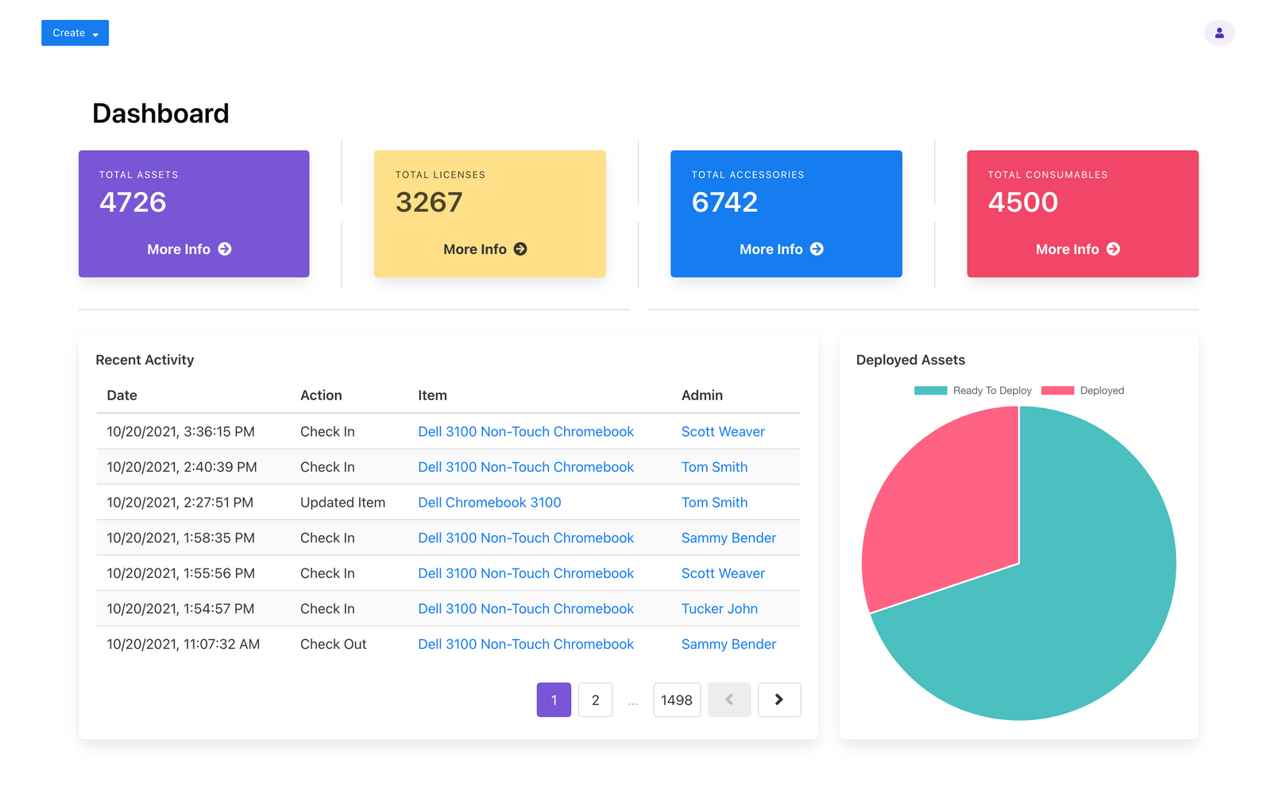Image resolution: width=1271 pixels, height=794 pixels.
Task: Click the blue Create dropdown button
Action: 75,33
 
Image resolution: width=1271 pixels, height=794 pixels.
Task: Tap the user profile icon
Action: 1219,33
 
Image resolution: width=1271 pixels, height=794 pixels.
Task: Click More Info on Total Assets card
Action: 189,249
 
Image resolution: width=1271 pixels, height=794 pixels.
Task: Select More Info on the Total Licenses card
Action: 485,249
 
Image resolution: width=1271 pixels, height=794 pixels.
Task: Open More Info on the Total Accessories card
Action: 781,249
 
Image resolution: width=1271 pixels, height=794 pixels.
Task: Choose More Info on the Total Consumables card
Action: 1077,249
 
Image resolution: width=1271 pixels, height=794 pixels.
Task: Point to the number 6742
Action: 724,202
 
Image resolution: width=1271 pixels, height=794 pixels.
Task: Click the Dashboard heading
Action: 160,114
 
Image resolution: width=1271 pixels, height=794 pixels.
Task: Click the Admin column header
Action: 701,395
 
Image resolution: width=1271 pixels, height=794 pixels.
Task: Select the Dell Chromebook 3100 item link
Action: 489,503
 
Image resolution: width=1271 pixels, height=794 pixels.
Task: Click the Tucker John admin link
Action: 719,609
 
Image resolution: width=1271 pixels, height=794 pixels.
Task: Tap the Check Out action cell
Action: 333,644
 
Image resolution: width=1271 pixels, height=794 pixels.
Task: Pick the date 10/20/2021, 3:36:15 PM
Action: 180,432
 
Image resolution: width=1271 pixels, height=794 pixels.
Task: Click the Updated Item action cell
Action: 342,503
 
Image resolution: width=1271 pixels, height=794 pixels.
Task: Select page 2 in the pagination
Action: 595,700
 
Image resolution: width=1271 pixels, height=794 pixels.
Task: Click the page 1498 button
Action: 676,700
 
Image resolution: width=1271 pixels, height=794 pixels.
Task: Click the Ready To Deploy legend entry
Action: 973,391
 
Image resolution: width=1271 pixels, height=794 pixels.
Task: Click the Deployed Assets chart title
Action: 910,360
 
